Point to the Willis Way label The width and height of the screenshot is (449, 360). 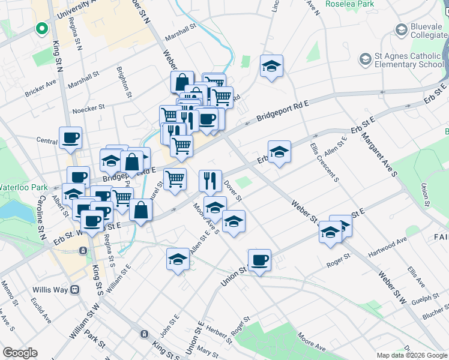[x=51, y=289]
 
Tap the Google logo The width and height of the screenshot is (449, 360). [x=20, y=353]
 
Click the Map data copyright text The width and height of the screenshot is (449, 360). [x=412, y=355]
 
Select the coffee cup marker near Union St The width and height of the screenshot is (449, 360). [x=259, y=260]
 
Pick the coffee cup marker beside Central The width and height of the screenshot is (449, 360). [x=70, y=137]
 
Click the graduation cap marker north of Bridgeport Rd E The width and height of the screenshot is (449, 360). [x=271, y=66]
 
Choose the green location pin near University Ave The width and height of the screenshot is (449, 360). [x=41, y=28]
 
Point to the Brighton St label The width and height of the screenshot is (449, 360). [x=124, y=82]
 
